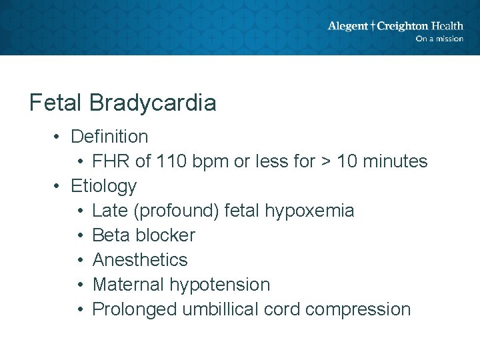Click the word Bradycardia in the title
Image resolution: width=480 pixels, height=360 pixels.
[153, 103]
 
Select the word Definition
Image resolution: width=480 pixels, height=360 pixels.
[109, 137]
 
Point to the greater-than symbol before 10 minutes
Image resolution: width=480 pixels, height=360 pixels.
[326, 161]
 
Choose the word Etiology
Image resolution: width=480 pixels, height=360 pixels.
[103, 186]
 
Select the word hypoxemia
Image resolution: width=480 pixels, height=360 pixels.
[309, 211]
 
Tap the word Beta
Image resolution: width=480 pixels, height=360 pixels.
[111, 235]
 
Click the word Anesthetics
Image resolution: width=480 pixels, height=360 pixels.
[140, 260]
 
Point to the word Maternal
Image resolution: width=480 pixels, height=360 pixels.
[128, 285]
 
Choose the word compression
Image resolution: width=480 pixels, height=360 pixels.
[361, 309]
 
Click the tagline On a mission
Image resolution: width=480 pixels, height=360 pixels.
[439, 39]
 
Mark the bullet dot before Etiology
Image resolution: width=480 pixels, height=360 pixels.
[58, 186]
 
